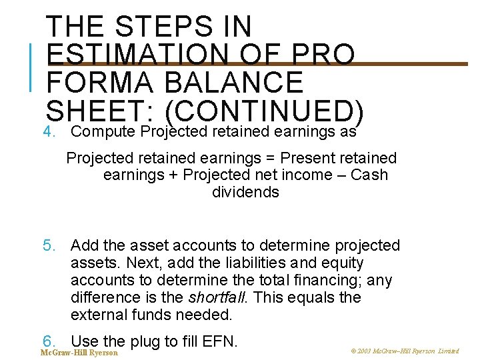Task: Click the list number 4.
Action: [49, 131]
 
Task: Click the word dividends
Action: [245, 192]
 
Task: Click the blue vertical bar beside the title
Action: [31, 65]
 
